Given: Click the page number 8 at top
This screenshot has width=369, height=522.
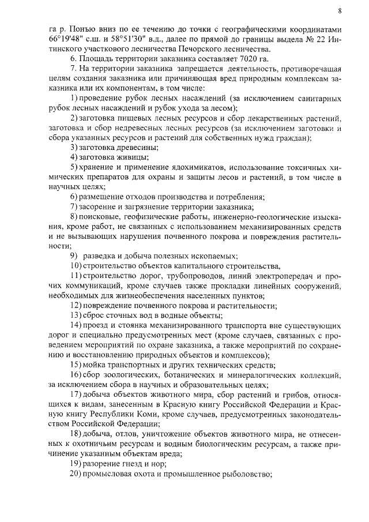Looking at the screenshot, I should [340, 10].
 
